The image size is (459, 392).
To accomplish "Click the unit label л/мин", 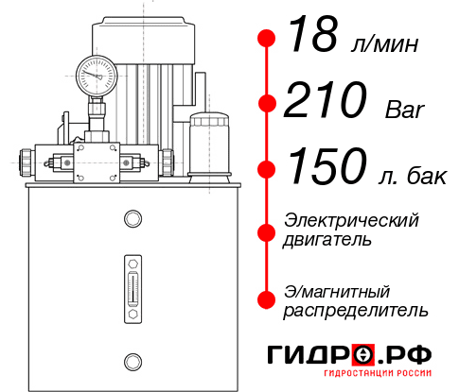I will pos(382,44).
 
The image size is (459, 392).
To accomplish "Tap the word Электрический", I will pos(351,220).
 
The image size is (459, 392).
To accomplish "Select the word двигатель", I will pos(327,240).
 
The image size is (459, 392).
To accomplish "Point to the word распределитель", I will pos(356,309).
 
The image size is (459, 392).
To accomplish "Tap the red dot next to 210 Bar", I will pos(267,104).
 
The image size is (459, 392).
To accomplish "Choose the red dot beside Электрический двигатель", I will pos(267,230).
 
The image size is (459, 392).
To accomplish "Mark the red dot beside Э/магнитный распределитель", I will pos(267,299).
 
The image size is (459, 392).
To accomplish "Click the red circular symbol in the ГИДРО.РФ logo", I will pos(362,354).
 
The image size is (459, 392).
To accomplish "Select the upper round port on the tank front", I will pos(132,220).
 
